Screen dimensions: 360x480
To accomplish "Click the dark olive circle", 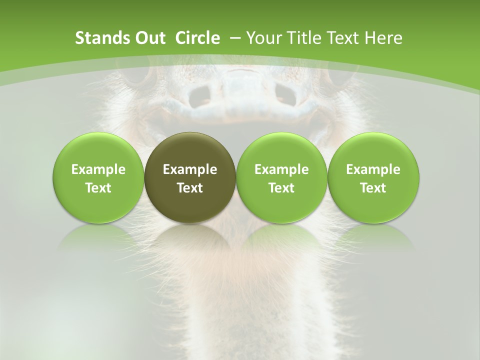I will point(189,177).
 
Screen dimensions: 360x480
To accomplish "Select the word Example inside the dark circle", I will point(189,169).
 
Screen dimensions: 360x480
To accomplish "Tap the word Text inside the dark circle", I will point(189,188).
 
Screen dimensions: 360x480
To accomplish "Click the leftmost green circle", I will point(98,177).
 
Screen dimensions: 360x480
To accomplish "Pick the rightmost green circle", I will point(373,177).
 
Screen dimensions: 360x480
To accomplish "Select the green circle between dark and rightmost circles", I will point(281,177).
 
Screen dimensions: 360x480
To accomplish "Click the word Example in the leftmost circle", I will point(98,169).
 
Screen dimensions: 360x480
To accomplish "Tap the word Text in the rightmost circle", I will point(373,188).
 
